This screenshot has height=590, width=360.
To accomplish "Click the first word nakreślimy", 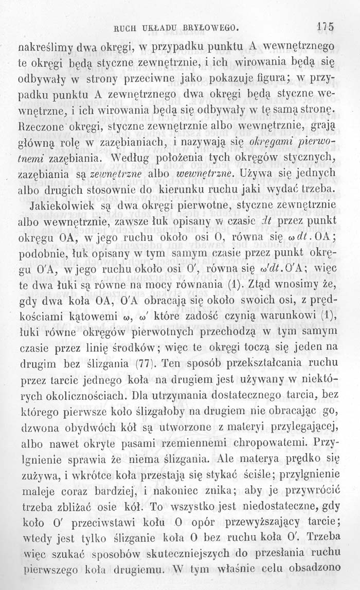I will pos(47,51).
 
